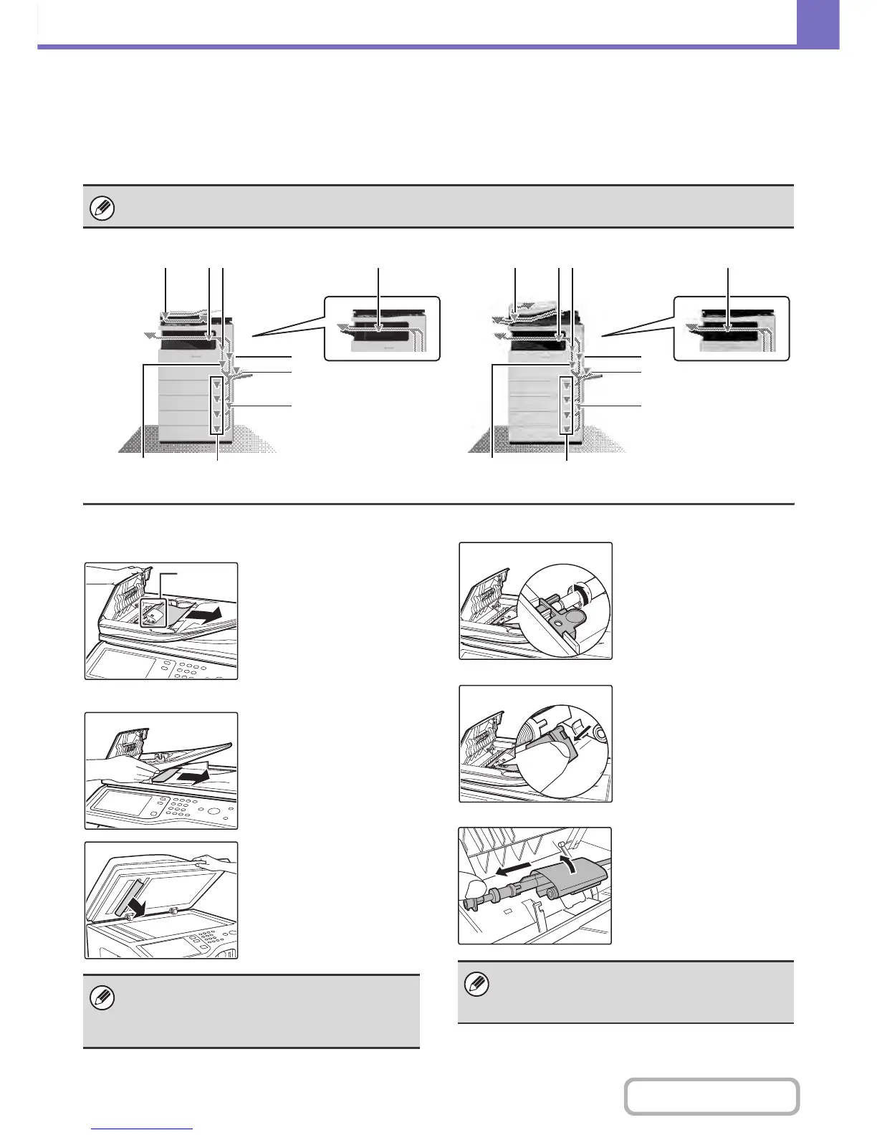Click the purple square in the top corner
click(818, 24)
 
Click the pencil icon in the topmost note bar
click(103, 209)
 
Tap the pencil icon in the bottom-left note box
click(103, 997)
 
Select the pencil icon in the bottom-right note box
click(477, 985)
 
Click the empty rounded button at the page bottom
click(711, 1096)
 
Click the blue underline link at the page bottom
click(143, 1129)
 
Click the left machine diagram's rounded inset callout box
click(382, 328)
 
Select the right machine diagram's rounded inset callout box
click(731, 328)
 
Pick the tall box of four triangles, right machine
click(567, 405)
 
